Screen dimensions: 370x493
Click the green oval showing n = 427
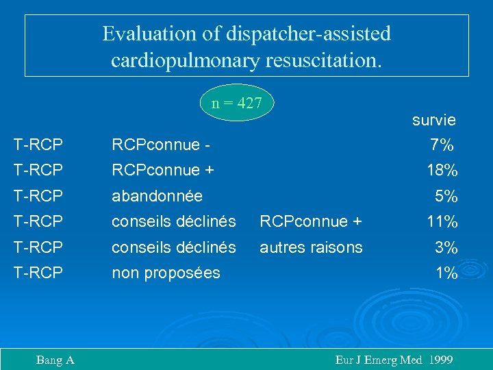237,103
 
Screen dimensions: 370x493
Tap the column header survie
433,120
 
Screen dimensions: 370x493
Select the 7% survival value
442,145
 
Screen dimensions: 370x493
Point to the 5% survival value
446,196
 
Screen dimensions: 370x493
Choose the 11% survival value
442,221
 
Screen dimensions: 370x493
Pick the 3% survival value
446,247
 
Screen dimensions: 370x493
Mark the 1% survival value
446,273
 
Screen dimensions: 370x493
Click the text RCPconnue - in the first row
161,145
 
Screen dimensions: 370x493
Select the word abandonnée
157,196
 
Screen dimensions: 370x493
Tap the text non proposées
166,273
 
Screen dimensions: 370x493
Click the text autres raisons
311,247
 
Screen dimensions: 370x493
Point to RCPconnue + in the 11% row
311,221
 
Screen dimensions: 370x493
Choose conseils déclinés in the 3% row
174,247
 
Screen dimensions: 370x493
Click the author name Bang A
55,360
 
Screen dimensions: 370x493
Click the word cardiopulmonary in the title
184,60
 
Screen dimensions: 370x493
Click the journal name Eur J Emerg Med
378,360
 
